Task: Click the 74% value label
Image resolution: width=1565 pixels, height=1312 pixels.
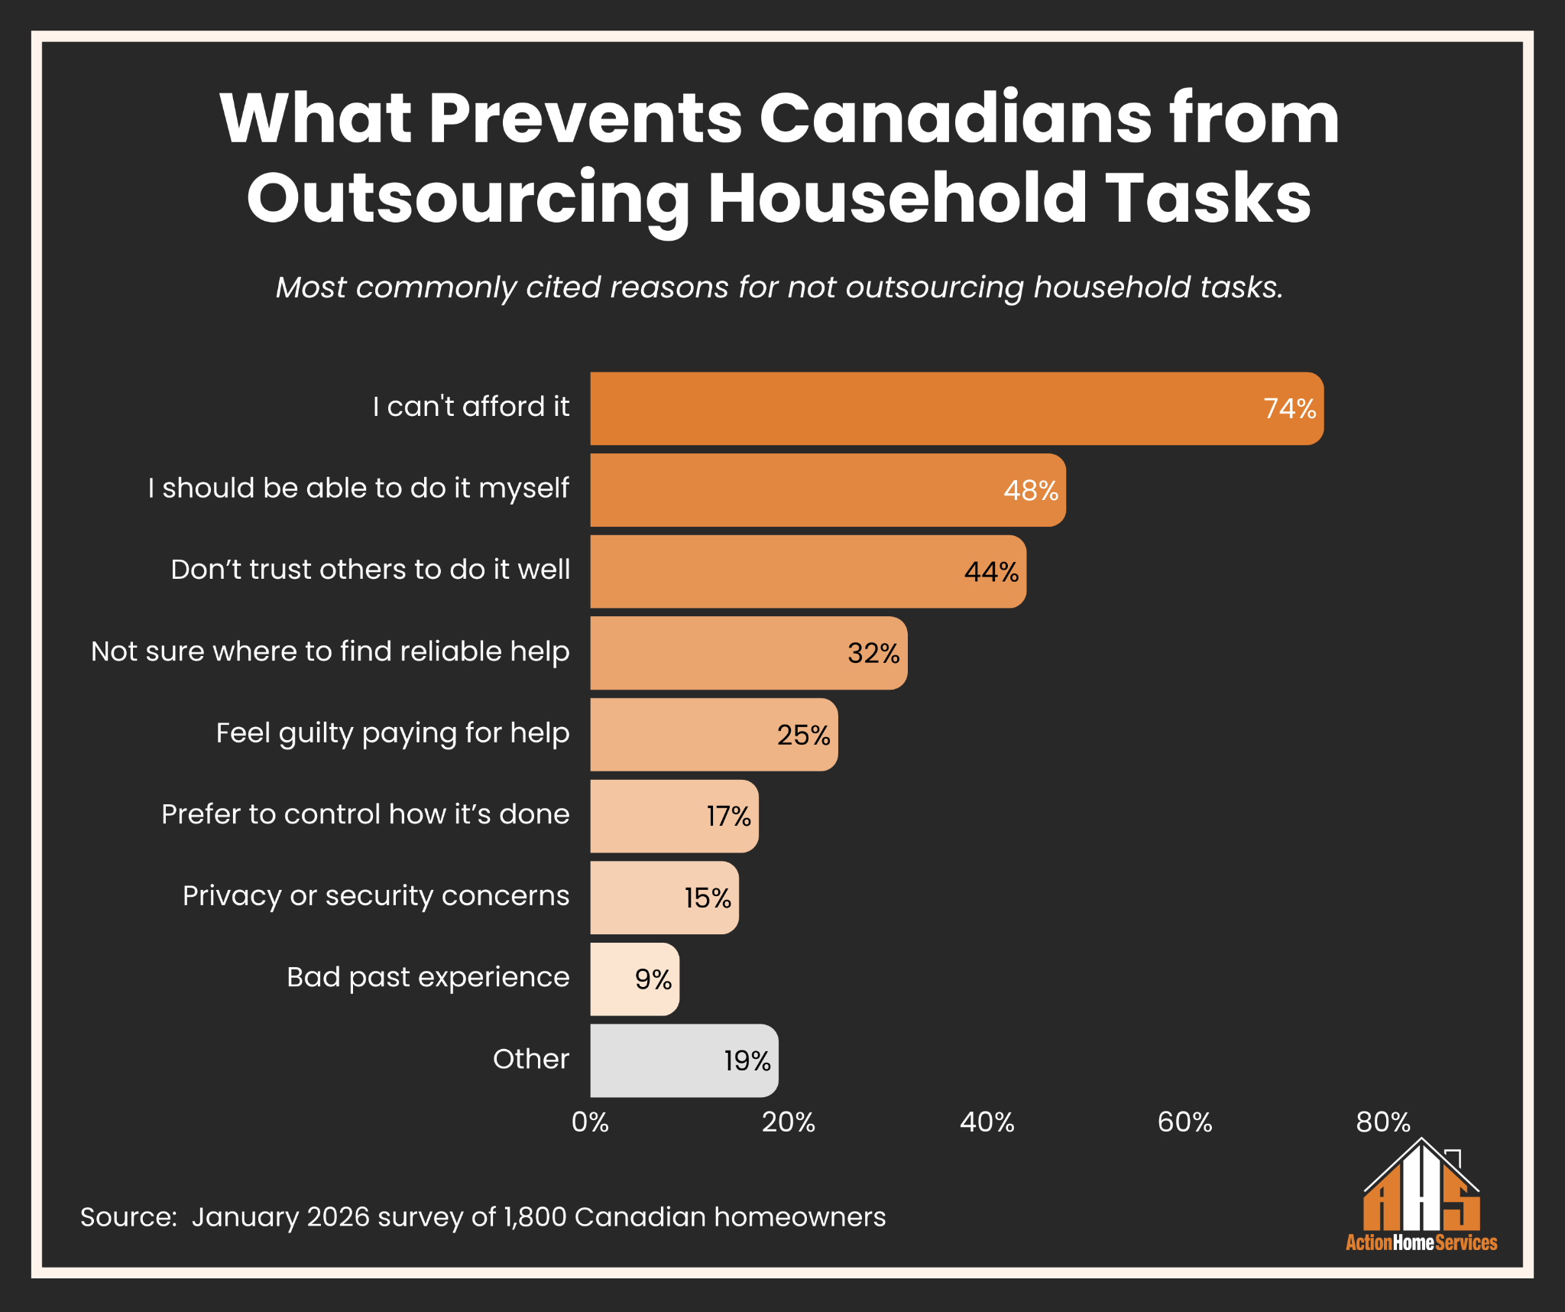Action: point(1289,409)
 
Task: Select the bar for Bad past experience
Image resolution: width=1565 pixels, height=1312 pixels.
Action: point(633,979)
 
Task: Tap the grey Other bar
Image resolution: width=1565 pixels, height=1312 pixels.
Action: point(683,1060)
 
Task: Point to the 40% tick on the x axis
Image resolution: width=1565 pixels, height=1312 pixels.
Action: point(987,1122)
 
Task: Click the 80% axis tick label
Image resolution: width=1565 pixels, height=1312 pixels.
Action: point(1382,1122)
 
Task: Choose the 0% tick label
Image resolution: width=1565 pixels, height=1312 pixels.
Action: point(590,1122)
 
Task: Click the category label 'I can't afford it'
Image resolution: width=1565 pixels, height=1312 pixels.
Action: point(471,407)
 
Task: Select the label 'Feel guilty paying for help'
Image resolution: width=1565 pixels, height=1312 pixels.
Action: point(393,733)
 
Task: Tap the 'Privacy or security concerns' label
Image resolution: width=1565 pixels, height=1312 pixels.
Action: point(376,896)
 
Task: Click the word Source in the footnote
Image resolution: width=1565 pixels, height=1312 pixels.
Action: point(128,1217)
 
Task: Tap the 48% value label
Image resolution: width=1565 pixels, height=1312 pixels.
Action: point(1031,491)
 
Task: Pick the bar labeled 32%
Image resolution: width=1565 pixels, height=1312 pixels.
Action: point(748,653)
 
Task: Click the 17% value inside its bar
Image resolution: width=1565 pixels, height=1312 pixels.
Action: point(728,817)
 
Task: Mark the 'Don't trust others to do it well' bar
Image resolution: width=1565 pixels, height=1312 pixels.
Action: point(807,572)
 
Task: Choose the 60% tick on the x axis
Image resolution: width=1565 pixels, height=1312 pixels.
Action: point(1184,1122)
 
